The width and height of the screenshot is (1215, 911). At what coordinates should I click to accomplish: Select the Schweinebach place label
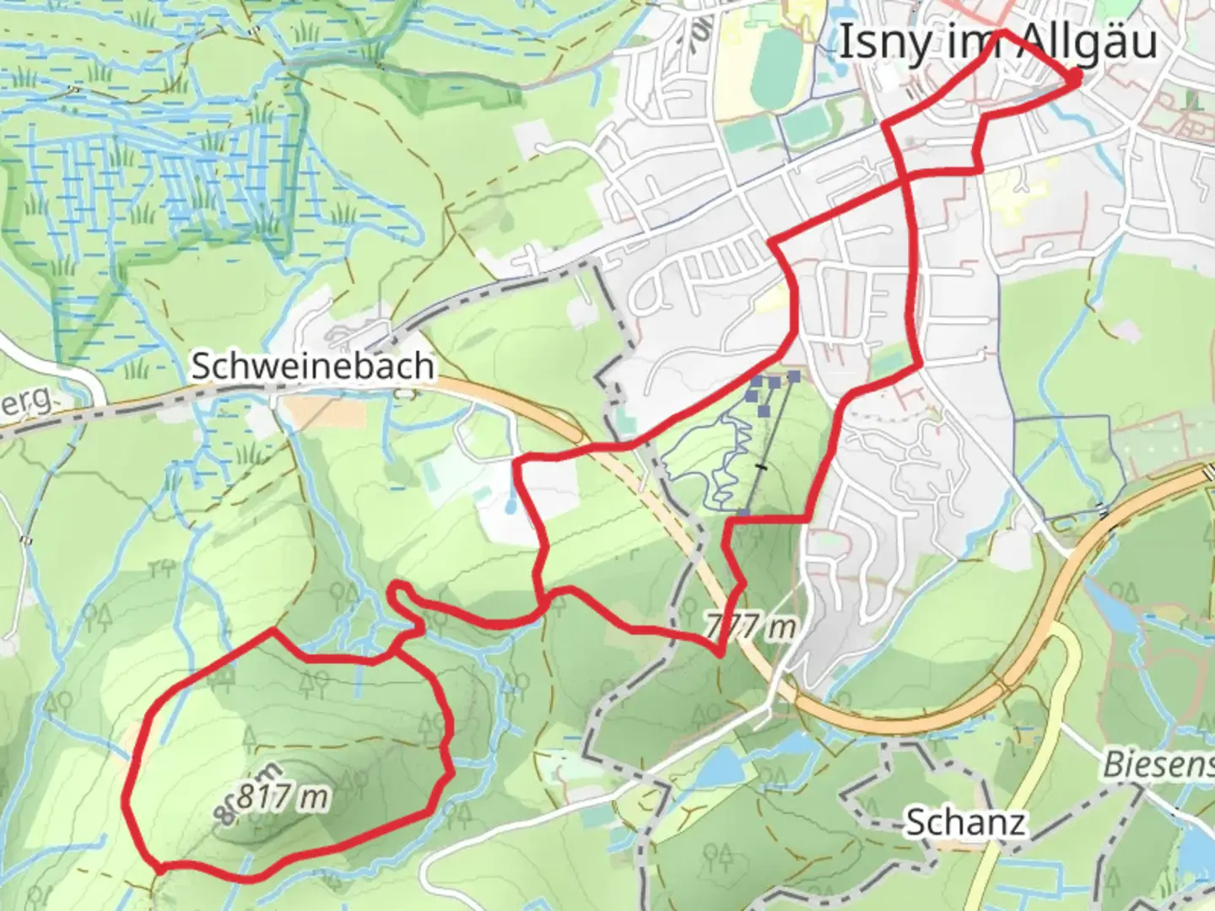313,366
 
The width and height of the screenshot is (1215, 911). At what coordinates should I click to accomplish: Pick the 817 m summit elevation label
282,795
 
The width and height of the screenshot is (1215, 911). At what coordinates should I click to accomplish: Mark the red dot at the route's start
1075,77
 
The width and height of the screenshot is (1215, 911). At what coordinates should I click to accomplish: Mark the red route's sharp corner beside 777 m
720,653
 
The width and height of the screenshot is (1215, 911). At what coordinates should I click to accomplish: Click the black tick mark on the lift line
763,466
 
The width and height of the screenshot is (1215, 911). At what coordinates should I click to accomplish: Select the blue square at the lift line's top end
794,375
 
